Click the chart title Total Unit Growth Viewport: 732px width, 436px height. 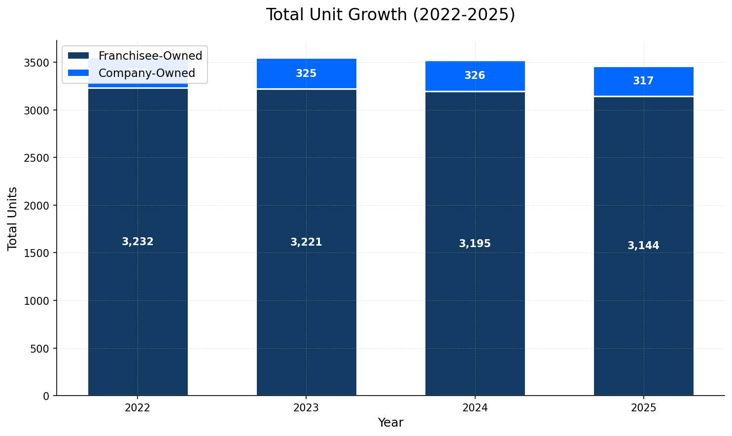(x=390, y=15)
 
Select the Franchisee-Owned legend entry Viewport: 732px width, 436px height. (x=150, y=56)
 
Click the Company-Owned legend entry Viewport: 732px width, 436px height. (x=146, y=73)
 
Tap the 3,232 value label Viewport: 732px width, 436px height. (x=138, y=242)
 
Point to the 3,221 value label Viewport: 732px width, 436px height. (x=306, y=242)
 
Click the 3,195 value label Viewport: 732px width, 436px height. (x=475, y=244)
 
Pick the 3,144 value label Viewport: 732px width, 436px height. (x=643, y=246)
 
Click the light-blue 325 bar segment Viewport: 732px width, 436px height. (x=306, y=74)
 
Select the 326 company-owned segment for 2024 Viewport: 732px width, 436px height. (x=475, y=76)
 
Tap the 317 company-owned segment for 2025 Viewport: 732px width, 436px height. (x=643, y=81)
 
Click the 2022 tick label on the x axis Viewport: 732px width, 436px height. (x=138, y=408)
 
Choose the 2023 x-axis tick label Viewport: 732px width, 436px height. (x=306, y=408)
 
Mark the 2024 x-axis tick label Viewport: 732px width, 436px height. (x=475, y=408)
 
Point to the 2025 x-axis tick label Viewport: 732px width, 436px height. (x=643, y=408)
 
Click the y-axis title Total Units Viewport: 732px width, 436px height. (x=13, y=218)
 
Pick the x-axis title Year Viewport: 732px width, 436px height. (x=390, y=423)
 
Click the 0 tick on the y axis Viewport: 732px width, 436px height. (x=46, y=396)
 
